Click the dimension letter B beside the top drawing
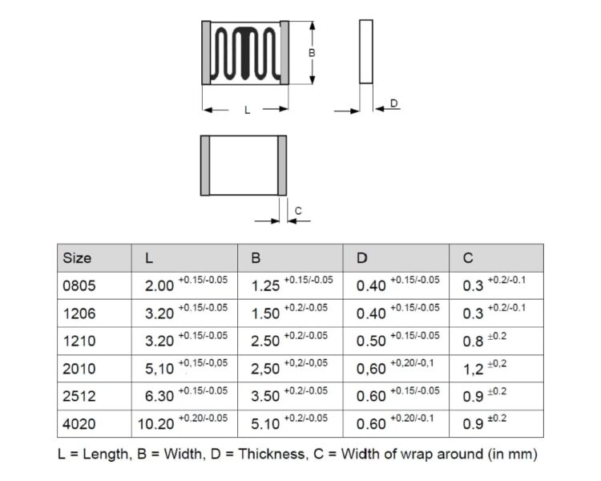[312, 53]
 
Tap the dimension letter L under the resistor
[248, 111]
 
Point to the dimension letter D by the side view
[394, 103]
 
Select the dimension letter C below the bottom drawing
[298, 211]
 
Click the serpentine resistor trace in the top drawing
[245, 54]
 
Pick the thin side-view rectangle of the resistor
[366, 51]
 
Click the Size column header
[77, 258]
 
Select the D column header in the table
[362, 258]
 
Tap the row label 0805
[79, 285]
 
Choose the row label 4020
[79, 424]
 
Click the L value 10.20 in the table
[155, 424]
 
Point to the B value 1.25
[265, 285]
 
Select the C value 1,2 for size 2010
[473, 369]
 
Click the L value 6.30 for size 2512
[159, 396]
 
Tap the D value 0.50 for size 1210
[371, 341]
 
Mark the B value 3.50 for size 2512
[265, 396]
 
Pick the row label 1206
[79, 313]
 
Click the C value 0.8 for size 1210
[473, 341]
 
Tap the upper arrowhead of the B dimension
[313, 26]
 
